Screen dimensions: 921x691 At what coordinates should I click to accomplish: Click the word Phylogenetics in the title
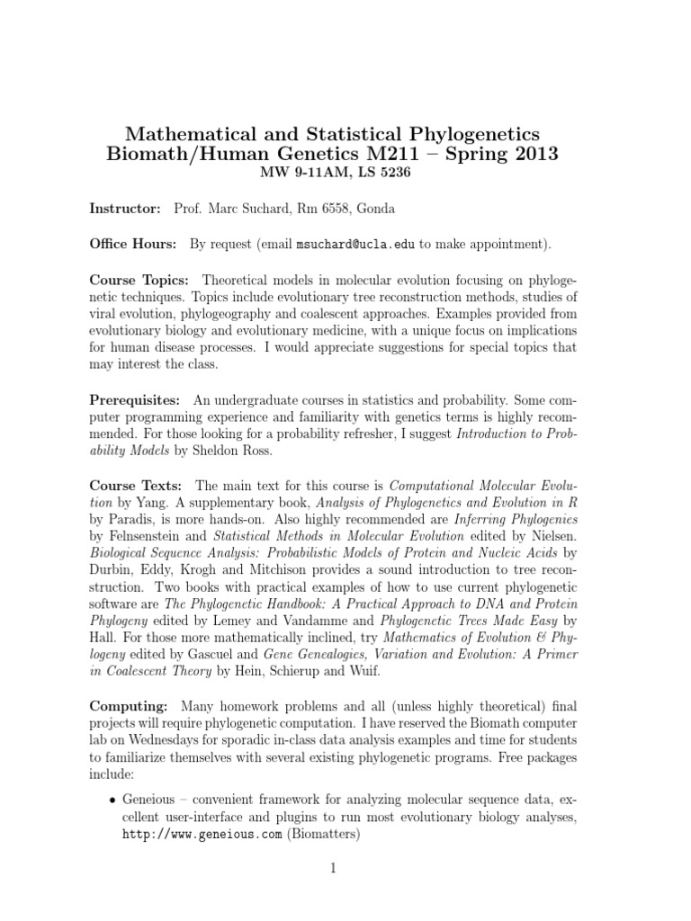click(479, 135)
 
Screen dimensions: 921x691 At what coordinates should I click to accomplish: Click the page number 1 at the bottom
click(332, 869)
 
